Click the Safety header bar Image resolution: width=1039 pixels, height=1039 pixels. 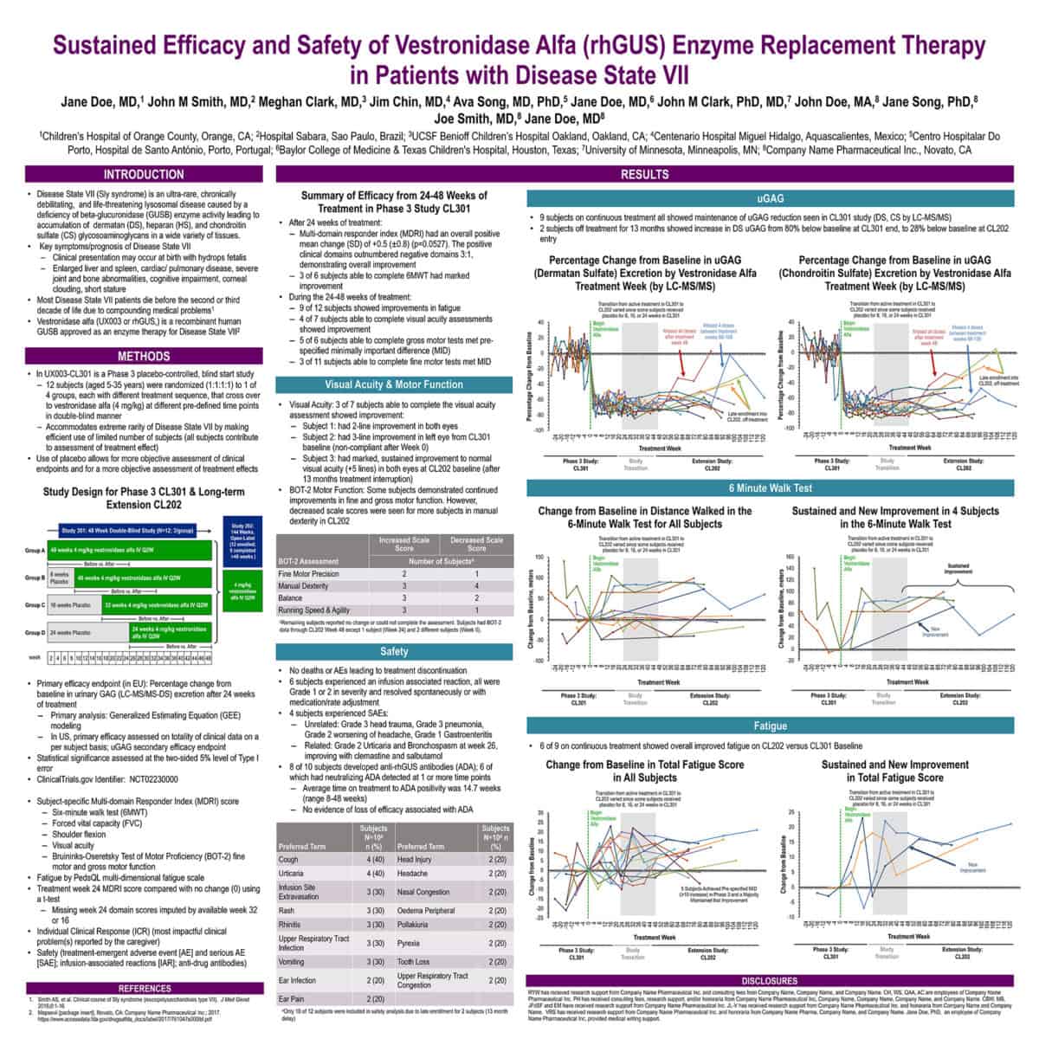coord(394,651)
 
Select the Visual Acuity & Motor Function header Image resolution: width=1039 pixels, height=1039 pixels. coord(394,384)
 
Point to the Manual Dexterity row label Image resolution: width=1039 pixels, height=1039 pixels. coord(302,586)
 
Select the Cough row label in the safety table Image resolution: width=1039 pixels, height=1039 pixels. coord(288,860)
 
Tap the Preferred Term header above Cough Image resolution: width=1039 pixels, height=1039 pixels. coord(301,846)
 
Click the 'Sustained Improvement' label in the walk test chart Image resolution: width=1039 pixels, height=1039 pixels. coord(958,569)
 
